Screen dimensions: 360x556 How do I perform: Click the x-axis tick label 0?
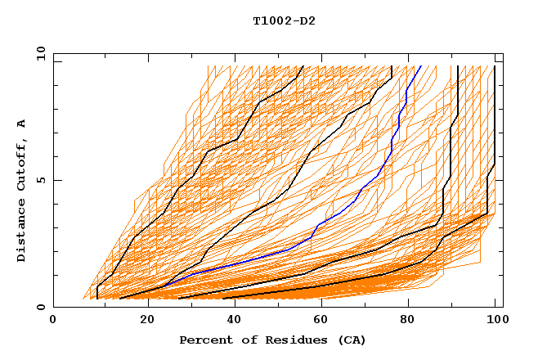[x=53, y=322]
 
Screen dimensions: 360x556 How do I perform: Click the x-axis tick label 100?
[x=495, y=322]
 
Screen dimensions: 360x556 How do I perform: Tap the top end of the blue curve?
[x=419, y=66]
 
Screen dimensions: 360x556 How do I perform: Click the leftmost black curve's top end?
[x=303, y=66]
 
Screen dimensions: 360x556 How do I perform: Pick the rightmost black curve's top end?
[x=495, y=66]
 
